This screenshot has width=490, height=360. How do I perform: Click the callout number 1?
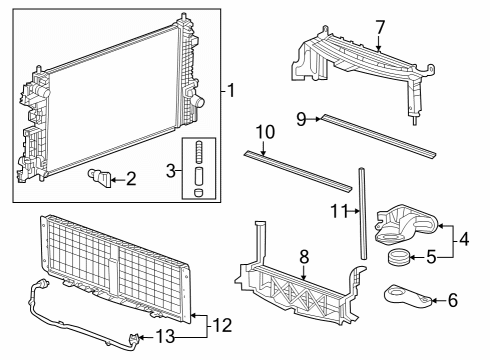pyautogui.click(x=231, y=91)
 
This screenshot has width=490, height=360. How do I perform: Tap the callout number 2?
pyautogui.click(x=131, y=179)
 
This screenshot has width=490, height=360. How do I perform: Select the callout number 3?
pyautogui.click(x=171, y=171)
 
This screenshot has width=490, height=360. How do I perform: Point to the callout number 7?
pyautogui.click(x=380, y=27)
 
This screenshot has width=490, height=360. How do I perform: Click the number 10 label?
pyautogui.click(x=265, y=132)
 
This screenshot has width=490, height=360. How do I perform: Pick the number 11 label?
pyautogui.click(x=339, y=211)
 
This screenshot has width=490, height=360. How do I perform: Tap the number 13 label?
pyautogui.click(x=165, y=336)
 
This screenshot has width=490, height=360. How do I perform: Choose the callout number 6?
pyautogui.click(x=453, y=300)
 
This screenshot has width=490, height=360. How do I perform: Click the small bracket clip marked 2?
pyautogui.click(x=99, y=178)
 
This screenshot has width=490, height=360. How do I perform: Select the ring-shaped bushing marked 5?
pyautogui.click(x=398, y=257)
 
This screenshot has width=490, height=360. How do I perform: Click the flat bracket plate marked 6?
pyautogui.click(x=410, y=297)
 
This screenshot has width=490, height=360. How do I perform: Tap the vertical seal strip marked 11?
pyautogui.click(x=363, y=213)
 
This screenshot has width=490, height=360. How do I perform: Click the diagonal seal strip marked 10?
pyautogui.click(x=298, y=171)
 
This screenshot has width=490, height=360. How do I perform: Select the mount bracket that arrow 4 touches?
pyautogui.click(x=405, y=224)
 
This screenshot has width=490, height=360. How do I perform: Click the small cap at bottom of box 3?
pyautogui.click(x=199, y=193)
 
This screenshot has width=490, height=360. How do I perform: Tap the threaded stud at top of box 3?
pyautogui.click(x=199, y=151)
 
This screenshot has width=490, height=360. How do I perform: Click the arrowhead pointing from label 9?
pyautogui.click(x=318, y=119)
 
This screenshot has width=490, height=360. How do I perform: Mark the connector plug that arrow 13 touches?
pyautogui.click(x=134, y=339)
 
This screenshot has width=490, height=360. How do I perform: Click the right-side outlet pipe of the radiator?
pyautogui.click(x=199, y=101)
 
